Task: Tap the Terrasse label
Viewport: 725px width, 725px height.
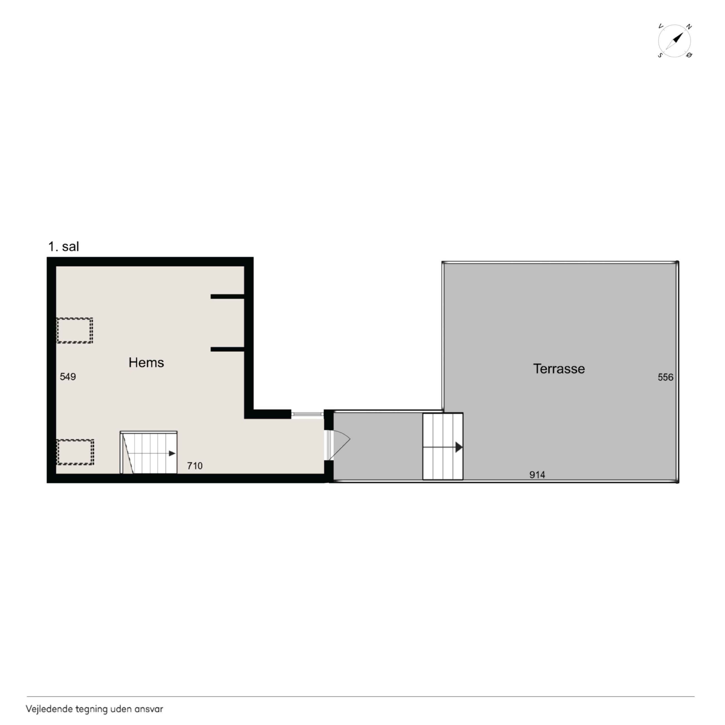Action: [x=559, y=369]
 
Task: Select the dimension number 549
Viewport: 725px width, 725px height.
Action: [x=68, y=377]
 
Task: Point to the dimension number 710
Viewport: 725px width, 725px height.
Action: [x=195, y=466]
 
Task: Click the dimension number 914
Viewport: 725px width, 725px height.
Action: [x=537, y=475]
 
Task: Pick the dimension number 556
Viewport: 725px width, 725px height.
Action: [x=665, y=377]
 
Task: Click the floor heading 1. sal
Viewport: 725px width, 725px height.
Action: [x=63, y=246]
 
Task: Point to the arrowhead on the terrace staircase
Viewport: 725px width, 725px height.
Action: [x=459, y=447]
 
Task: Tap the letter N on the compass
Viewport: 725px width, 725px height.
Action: [x=689, y=27]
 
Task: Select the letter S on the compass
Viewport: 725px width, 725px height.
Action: [x=660, y=55]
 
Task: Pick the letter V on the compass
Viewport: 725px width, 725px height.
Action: [x=661, y=26]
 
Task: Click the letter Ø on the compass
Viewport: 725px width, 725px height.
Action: [x=689, y=55]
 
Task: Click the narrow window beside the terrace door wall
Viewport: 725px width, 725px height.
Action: [x=307, y=414]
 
